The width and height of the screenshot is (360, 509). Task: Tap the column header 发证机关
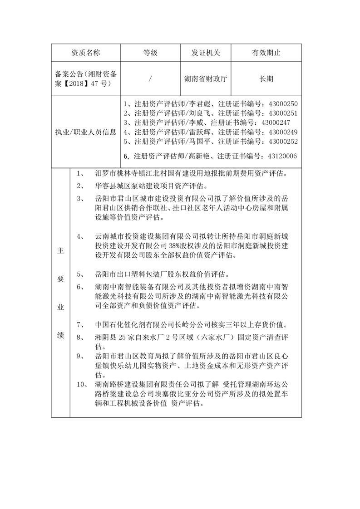(x=206, y=53)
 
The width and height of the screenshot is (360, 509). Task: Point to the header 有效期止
(x=266, y=53)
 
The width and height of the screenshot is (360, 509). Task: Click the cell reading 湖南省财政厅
(x=206, y=78)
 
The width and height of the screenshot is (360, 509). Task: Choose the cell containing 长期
(x=266, y=78)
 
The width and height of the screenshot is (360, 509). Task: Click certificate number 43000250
(x=283, y=104)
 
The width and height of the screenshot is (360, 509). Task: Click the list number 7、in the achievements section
(x=81, y=325)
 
